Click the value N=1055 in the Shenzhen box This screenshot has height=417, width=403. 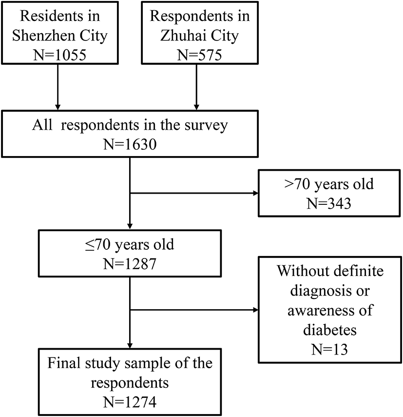58,56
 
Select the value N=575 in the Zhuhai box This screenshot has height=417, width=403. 197,56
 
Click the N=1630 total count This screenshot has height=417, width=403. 130,145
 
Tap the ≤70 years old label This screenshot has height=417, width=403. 130,244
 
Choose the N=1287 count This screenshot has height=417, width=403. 130,264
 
